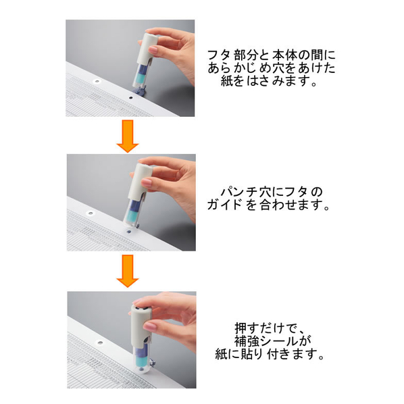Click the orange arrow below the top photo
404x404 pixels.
click(128, 136)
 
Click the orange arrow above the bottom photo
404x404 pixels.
click(128, 271)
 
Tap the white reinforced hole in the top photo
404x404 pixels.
click(97, 82)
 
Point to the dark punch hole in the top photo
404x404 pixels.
click(130, 98)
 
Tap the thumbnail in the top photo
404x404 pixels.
click(153, 50)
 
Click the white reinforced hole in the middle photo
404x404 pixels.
click(90, 213)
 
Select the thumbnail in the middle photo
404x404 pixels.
click(147, 182)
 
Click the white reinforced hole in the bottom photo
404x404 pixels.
click(99, 343)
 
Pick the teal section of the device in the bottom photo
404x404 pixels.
click(141, 360)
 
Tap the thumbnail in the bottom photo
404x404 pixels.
click(150, 327)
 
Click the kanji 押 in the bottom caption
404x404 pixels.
click(241, 328)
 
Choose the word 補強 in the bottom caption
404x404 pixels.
click(247, 341)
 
